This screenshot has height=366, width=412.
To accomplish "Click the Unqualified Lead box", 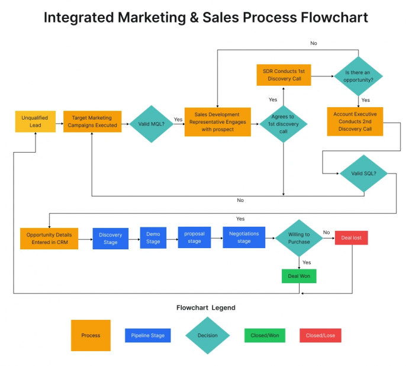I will (x=35, y=121).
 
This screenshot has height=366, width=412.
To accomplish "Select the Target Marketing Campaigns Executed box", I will (x=92, y=121).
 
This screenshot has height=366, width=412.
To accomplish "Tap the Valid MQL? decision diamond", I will (x=150, y=124).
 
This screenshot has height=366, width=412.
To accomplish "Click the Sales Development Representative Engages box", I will (x=217, y=122).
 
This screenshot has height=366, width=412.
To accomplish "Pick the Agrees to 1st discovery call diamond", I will (x=284, y=124).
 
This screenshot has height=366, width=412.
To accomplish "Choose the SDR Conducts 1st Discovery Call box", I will (x=284, y=75).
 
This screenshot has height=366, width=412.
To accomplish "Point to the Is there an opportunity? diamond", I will (x=359, y=76).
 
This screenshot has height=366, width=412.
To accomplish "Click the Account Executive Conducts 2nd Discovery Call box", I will (x=355, y=121).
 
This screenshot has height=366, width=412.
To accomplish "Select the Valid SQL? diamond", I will (x=363, y=174).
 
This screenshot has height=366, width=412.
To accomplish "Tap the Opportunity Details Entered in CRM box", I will (x=49, y=238).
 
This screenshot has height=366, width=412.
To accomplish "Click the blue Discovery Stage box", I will (x=111, y=238).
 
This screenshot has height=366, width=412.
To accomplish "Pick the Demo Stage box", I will (x=153, y=237).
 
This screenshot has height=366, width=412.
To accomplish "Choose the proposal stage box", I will (x=194, y=237).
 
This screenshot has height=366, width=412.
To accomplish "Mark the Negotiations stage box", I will (x=244, y=237).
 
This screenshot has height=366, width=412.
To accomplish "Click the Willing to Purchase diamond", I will (x=299, y=238).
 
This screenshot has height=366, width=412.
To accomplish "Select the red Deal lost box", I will (x=352, y=238).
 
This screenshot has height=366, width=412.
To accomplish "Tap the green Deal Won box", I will (x=299, y=276).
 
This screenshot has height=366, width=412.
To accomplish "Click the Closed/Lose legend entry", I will (x=321, y=335).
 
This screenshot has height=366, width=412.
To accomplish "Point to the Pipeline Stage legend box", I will (x=148, y=335).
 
